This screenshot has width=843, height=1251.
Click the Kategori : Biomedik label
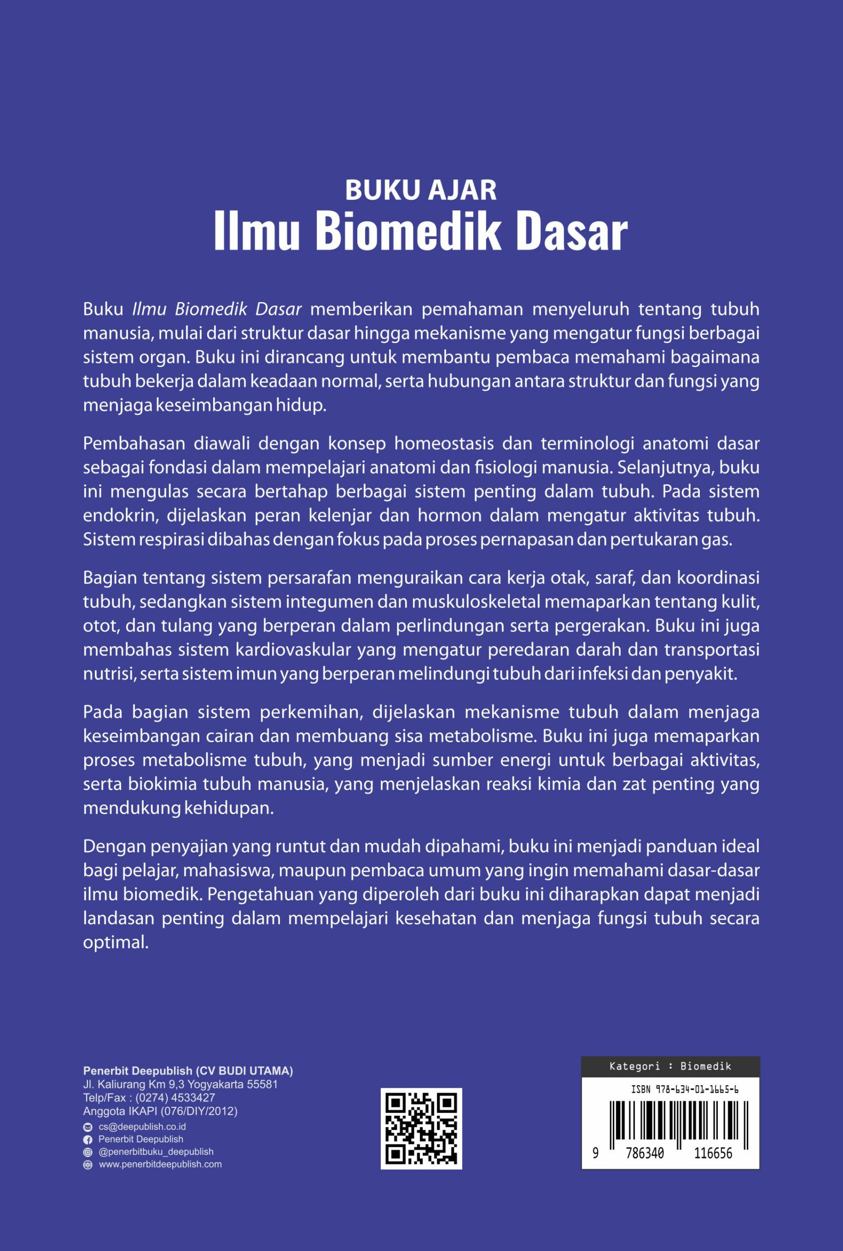(x=670, y=1066)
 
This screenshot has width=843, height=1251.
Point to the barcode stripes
(x=670, y=1120)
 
